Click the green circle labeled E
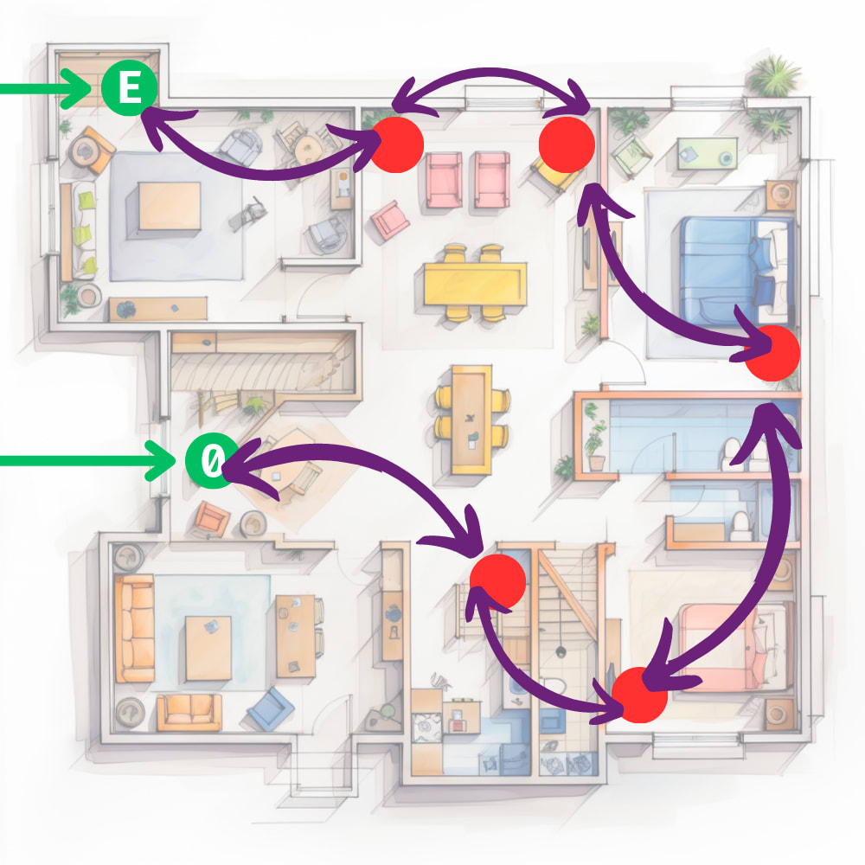(x=129, y=88)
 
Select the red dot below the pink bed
(x=639, y=695)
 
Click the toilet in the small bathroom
(x=741, y=524)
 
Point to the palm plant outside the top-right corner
(x=773, y=75)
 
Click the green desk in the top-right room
(x=706, y=153)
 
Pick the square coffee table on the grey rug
(x=170, y=206)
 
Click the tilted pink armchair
(x=390, y=220)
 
